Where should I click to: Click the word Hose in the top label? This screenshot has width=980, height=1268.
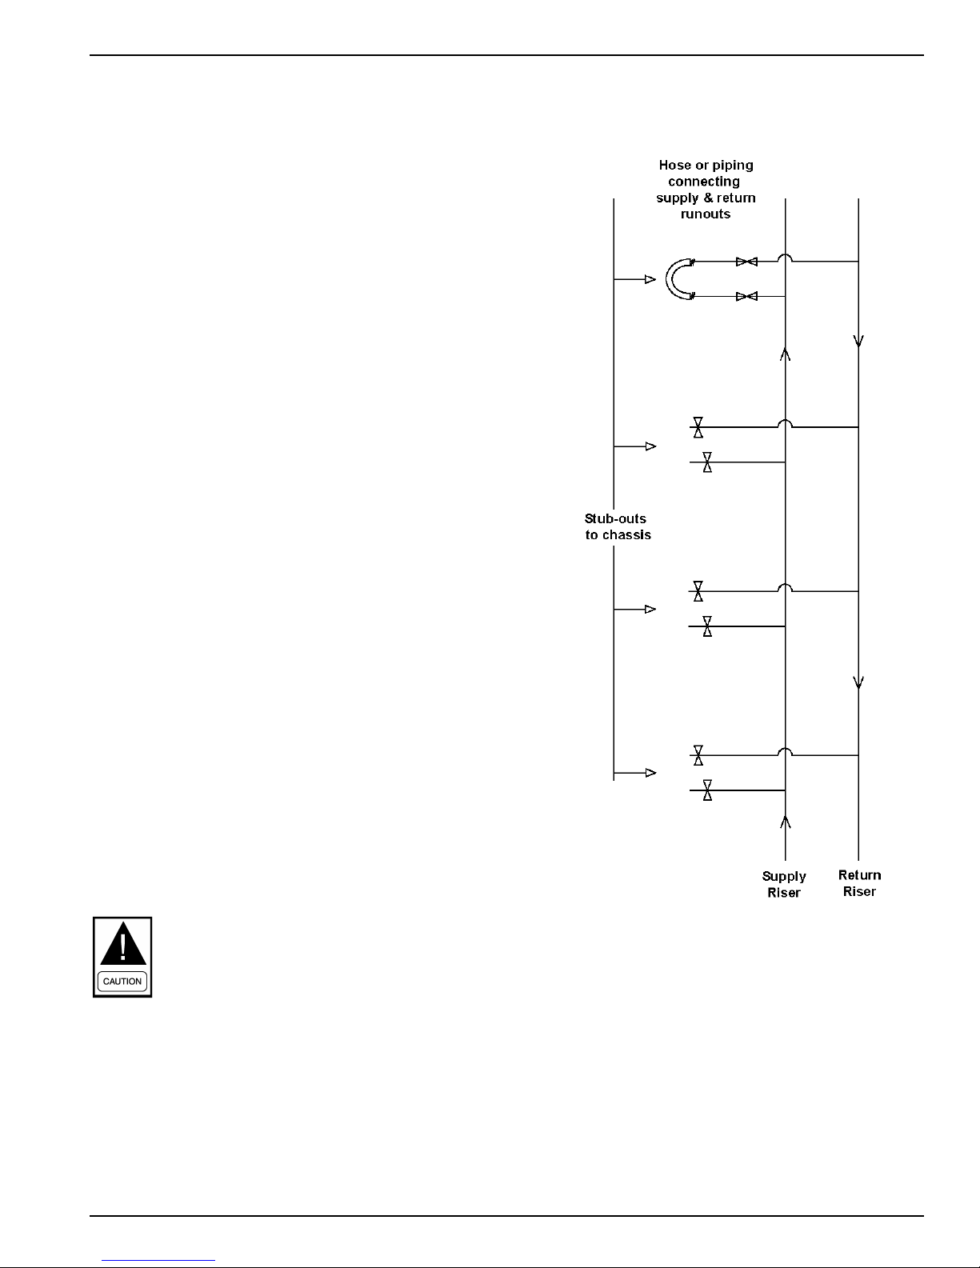pyautogui.click(x=675, y=166)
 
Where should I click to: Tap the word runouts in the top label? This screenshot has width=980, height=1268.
pyautogui.click(x=706, y=214)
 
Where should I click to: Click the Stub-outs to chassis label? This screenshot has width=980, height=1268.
pyautogui.click(x=617, y=526)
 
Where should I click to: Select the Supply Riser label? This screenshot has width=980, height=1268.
pyautogui.click(x=784, y=884)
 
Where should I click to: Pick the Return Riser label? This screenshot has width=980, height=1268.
pyautogui.click(x=860, y=883)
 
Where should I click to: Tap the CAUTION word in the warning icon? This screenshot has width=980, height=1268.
pyautogui.click(x=122, y=981)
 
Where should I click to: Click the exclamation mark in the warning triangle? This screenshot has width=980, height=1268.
pyautogui.click(x=122, y=946)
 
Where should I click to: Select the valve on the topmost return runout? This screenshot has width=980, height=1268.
pyautogui.click(x=746, y=262)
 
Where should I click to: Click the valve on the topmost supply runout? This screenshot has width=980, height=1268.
pyautogui.click(x=746, y=297)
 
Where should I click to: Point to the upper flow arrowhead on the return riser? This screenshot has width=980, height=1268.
pyautogui.click(x=858, y=341)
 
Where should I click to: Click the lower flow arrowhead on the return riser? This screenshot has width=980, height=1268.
pyautogui.click(x=858, y=682)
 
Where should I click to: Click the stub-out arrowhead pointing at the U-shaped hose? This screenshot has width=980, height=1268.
pyautogui.click(x=650, y=279)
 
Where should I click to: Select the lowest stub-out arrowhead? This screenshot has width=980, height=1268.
pyautogui.click(x=650, y=773)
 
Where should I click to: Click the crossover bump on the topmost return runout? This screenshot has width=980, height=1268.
pyautogui.click(x=786, y=258)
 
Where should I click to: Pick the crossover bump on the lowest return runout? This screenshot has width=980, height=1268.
pyautogui.click(x=786, y=752)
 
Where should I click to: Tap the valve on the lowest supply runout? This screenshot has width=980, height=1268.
pyautogui.click(x=707, y=790)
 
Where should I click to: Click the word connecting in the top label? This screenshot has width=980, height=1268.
pyautogui.click(x=704, y=182)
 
